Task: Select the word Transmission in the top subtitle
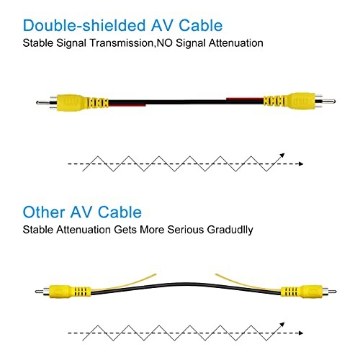click(122, 43)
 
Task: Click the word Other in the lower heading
click(44, 212)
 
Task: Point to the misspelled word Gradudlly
click(230, 230)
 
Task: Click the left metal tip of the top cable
click(43, 103)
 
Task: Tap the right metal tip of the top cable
click(328, 102)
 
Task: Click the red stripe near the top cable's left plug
click(127, 105)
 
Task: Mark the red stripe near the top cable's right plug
click(245, 99)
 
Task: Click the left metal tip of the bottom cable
click(40, 292)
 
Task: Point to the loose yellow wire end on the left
click(155, 274)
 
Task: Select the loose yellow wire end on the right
click(217, 274)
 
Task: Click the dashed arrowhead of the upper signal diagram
click(300, 164)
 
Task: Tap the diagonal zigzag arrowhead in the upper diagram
click(282, 156)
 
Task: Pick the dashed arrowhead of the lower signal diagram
click(300, 333)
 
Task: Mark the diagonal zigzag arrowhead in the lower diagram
click(282, 325)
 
